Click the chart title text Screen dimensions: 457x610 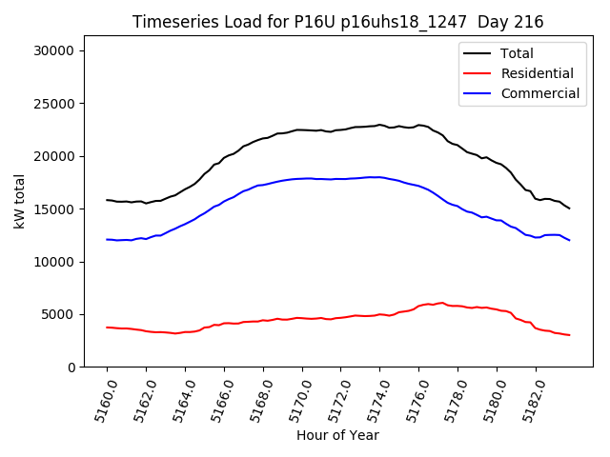point(337,22)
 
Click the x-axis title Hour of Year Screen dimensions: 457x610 point(337,435)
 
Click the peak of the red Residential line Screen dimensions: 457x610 point(441,303)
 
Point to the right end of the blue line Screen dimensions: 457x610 point(569,240)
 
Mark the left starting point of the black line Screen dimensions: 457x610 point(107,200)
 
